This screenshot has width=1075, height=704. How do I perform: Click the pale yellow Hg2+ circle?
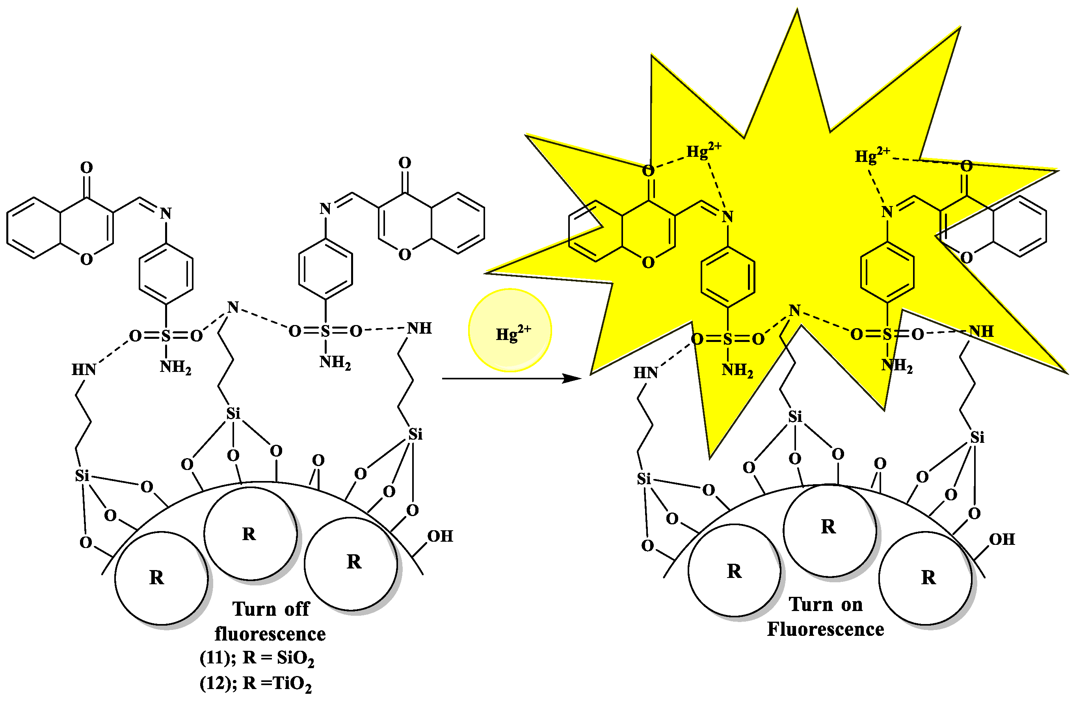510,331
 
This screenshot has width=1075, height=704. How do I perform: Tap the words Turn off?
271,609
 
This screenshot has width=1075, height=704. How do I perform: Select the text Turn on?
826,605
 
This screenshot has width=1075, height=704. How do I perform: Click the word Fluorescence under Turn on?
826,630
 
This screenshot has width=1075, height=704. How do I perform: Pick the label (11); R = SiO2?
257,658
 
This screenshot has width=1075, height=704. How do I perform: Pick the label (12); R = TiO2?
256,684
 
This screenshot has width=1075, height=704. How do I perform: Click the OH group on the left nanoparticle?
440,536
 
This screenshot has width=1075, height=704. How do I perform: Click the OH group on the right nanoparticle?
1002,539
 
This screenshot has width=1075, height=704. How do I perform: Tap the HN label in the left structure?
84,370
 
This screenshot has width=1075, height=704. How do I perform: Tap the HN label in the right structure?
645,373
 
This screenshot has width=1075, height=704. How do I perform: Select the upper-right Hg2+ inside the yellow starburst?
871,155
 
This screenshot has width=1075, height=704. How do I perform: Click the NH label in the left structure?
419,328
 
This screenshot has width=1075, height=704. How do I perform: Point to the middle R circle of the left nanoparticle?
250,534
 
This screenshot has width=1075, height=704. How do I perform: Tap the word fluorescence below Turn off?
270,634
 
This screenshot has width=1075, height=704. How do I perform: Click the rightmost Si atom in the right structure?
977,437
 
